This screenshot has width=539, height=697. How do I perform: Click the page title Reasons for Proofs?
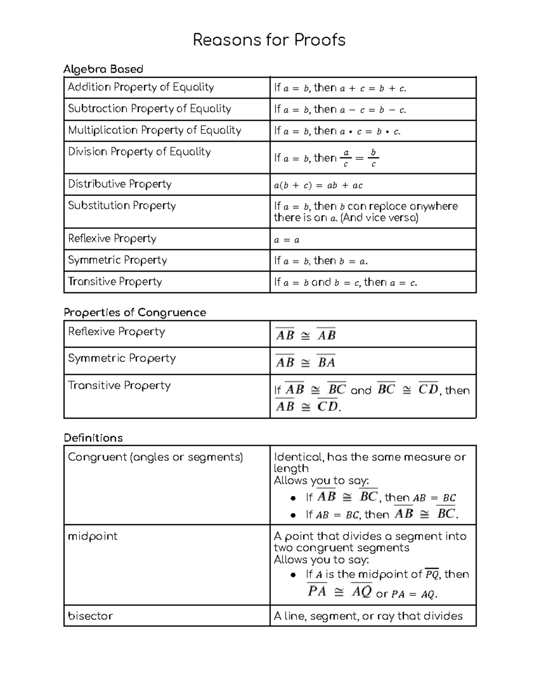point(269,40)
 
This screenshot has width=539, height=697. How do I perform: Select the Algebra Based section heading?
point(103,69)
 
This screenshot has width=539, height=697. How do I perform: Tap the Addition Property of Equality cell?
point(141,87)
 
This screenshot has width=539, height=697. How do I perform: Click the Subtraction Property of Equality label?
point(149,109)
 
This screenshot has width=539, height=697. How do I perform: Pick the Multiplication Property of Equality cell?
point(155,130)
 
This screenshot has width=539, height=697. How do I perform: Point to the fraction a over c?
point(345,158)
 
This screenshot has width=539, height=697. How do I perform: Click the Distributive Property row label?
point(119,184)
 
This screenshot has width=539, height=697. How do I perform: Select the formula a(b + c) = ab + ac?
point(318,185)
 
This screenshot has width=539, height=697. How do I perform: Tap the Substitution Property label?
point(122,206)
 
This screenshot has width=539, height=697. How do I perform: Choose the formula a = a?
point(287,240)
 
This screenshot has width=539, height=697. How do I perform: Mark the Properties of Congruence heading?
point(135,312)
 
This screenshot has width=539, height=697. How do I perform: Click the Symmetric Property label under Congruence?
point(122,358)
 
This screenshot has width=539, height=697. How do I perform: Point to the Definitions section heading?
point(93,438)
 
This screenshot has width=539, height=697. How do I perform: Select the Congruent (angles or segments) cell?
point(155,457)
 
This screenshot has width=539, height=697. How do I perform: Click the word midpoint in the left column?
point(93,536)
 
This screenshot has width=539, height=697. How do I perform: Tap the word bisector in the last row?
point(90,616)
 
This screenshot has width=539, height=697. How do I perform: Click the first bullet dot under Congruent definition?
point(293,498)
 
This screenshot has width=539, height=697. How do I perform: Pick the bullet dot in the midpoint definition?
point(293,574)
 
